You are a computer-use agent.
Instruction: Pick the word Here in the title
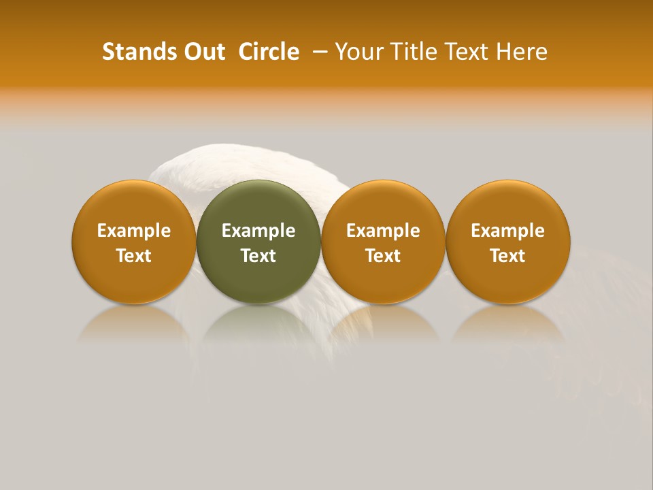(522, 52)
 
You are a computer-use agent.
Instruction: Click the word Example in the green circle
(258, 231)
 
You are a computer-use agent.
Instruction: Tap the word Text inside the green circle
(258, 256)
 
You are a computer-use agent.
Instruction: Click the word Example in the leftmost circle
(133, 231)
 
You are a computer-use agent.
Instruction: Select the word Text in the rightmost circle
(508, 256)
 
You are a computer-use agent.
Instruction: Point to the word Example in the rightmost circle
(508, 231)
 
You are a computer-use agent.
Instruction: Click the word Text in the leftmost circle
(133, 256)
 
